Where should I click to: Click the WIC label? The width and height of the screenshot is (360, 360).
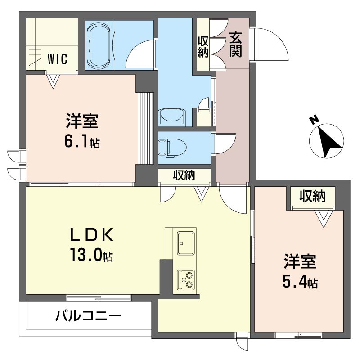(x=58, y=58)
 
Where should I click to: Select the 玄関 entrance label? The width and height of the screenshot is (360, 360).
(x=236, y=45)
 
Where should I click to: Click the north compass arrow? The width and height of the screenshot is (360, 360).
(x=327, y=140)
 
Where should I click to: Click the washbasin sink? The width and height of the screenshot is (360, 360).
(x=172, y=117)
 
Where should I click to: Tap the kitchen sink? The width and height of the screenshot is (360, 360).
(x=185, y=243)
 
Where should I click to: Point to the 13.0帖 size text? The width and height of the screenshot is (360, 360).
(x=91, y=256)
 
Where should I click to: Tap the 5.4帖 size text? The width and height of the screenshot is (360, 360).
(x=300, y=282)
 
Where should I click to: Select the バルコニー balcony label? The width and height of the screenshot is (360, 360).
(x=88, y=315)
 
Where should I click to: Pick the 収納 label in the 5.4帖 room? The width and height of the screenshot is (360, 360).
(x=312, y=197)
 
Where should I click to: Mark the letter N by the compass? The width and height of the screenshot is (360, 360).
(x=314, y=120)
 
